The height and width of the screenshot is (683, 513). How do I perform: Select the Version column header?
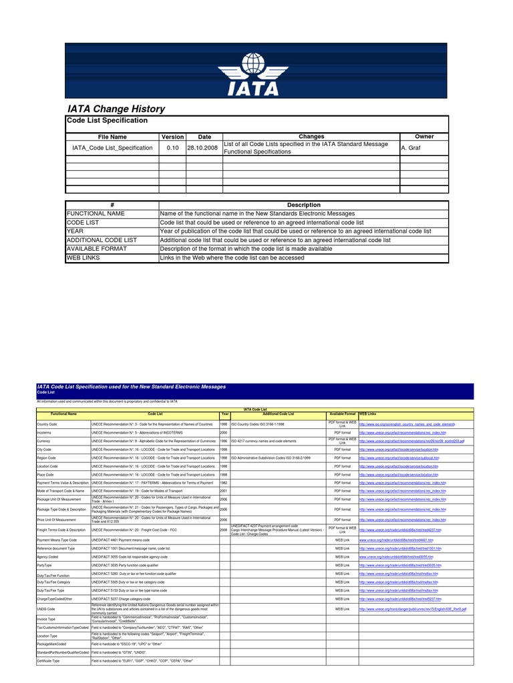coord(172,136)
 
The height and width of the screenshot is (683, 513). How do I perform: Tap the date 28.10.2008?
coord(203,147)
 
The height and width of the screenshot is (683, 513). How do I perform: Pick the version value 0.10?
coord(172,147)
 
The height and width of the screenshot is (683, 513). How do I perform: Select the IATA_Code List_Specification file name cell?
coord(112,147)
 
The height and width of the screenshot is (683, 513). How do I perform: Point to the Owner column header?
coord(424,136)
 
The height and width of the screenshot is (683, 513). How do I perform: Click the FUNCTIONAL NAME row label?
coord(96,213)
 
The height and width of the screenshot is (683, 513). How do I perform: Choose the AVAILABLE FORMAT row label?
coord(96,248)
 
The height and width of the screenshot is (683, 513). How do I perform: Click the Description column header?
coord(303,205)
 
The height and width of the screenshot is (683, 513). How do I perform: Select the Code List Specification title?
coord(107,120)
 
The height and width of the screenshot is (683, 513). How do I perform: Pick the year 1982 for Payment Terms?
coord(224,482)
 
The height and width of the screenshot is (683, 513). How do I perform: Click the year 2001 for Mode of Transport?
coord(224,490)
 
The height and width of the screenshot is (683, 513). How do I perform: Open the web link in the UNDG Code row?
coord(412,609)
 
